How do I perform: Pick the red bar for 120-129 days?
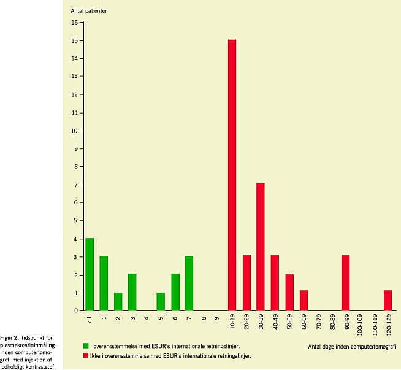click(x=388, y=301)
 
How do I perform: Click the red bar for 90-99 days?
click(x=345, y=283)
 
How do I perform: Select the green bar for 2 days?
click(x=118, y=301)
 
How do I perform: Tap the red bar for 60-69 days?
click(x=304, y=301)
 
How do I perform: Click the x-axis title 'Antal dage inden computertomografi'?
click(x=352, y=347)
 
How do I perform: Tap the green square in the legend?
click(x=86, y=347)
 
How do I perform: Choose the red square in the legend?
click(x=86, y=355)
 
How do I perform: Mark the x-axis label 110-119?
click(x=374, y=324)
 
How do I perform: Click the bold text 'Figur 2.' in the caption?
click(x=10, y=338)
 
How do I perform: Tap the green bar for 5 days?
click(x=161, y=301)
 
